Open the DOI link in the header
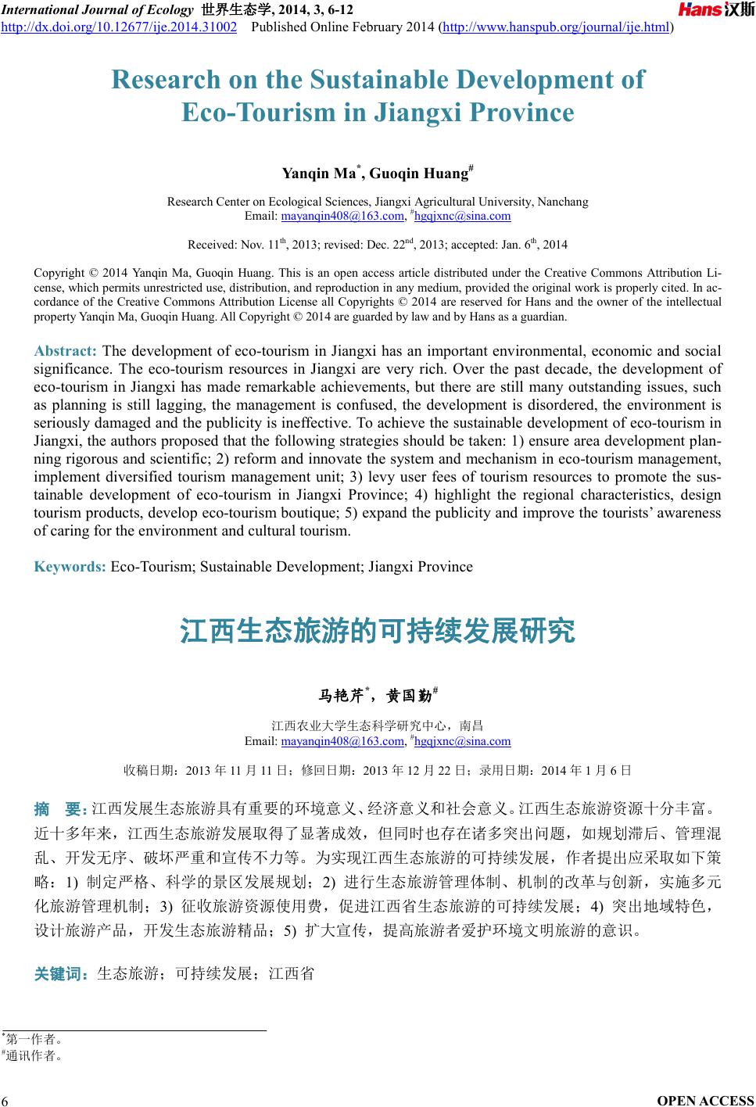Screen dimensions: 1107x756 click(x=119, y=27)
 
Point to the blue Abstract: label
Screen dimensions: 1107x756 click(x=66, y=350)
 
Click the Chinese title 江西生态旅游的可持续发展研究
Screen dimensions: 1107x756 click(x=378, y=630)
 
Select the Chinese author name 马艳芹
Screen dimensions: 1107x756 click(x=341, y=695)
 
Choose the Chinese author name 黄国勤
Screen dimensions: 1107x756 click(x=408, y=695)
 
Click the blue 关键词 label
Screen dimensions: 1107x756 click(x=62, y=973)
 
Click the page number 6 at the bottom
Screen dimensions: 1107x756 click(x=5, y=1101)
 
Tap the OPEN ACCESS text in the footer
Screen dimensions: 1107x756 click(x=706, y=1101)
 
